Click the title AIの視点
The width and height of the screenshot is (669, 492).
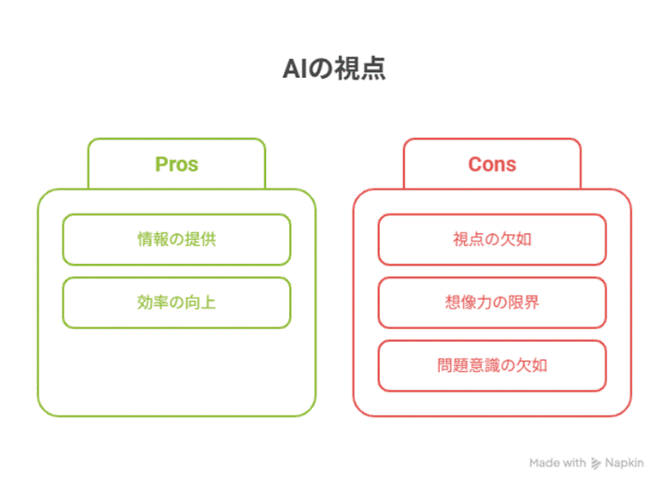pos(334,69)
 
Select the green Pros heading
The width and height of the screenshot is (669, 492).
pos(177,165)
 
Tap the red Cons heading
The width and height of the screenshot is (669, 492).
pos(492,164)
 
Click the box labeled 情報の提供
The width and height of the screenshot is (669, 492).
pos(177,240)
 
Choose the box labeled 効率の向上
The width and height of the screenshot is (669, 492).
pos(177,303)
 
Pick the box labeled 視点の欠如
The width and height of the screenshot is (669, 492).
pos(492,240)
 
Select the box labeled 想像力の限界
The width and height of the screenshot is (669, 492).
pos(492,303)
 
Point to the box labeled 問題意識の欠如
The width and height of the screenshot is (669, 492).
pos(492,366)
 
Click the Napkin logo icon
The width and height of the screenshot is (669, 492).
pos(595,463)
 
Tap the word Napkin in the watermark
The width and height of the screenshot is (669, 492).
pos(624,463)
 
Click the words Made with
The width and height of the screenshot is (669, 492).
pos(557,463)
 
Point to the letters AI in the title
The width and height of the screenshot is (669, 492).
pos(295,69)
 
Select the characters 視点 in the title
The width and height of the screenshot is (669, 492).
pos(359,69)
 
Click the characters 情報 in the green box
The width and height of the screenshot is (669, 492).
pos(154,240)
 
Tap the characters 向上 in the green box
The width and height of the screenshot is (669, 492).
pos(200,303)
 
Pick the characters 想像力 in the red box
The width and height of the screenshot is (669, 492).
pos(468,303)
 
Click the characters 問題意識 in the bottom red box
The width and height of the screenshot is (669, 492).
pos(468,366)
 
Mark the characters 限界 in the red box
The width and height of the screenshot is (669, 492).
pos(523,303)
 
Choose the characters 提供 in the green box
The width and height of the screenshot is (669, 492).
pos(200,240)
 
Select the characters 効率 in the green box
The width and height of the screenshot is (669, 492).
pos(154,303)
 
